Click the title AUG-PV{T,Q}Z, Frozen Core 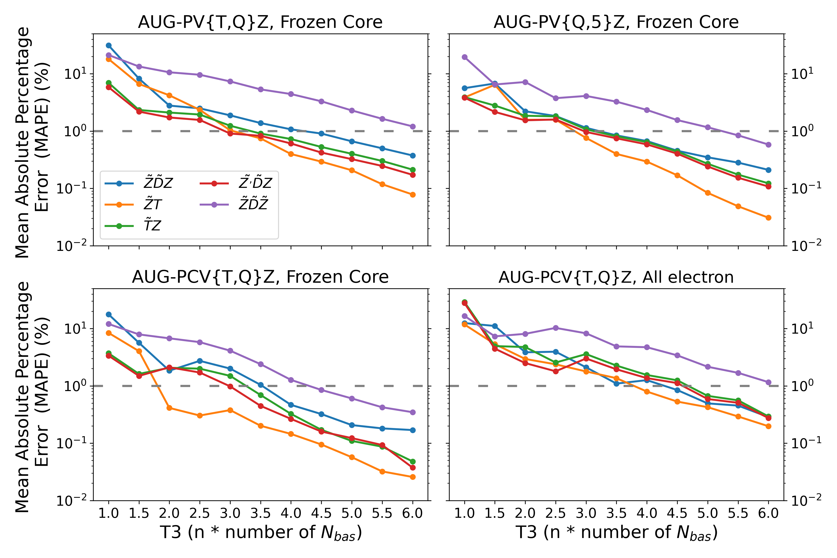click(260, 22)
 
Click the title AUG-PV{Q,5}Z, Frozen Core click(616, 22)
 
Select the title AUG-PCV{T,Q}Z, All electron click(616, 277)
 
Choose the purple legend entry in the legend click(253, 205)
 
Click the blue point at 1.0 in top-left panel click(109, 46)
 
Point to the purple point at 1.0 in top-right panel click(464, 57)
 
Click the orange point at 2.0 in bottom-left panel click(169, 408)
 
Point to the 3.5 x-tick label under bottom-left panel click(260, 513)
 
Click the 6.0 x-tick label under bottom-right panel click(768, 513)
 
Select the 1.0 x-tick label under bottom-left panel click(109, 513)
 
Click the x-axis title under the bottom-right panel click(616, 533)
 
